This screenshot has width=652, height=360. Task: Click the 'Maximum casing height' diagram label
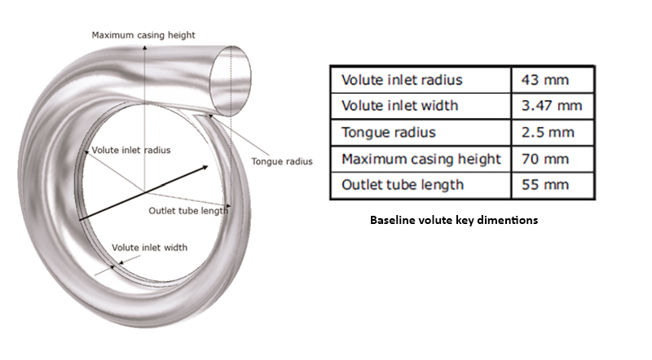(143, 35)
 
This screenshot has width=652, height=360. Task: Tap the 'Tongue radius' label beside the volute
(282, 161)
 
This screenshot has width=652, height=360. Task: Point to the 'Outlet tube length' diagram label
(188, 211)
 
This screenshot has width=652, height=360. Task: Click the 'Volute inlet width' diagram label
(150, 247)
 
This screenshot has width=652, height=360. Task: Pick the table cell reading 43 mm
(546, 80)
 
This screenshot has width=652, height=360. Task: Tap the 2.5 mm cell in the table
(547, 132)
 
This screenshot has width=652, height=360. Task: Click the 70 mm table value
(546, 158)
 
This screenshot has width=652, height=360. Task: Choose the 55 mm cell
(546, 185)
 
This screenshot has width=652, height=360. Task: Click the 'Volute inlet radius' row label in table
(402, 80)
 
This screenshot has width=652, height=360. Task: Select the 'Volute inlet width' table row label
(399, 105)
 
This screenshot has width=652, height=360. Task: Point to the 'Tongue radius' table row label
(388, 132)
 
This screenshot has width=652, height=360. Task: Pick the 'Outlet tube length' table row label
(403, 185)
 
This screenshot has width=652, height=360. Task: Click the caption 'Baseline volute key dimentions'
(454, 221)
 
